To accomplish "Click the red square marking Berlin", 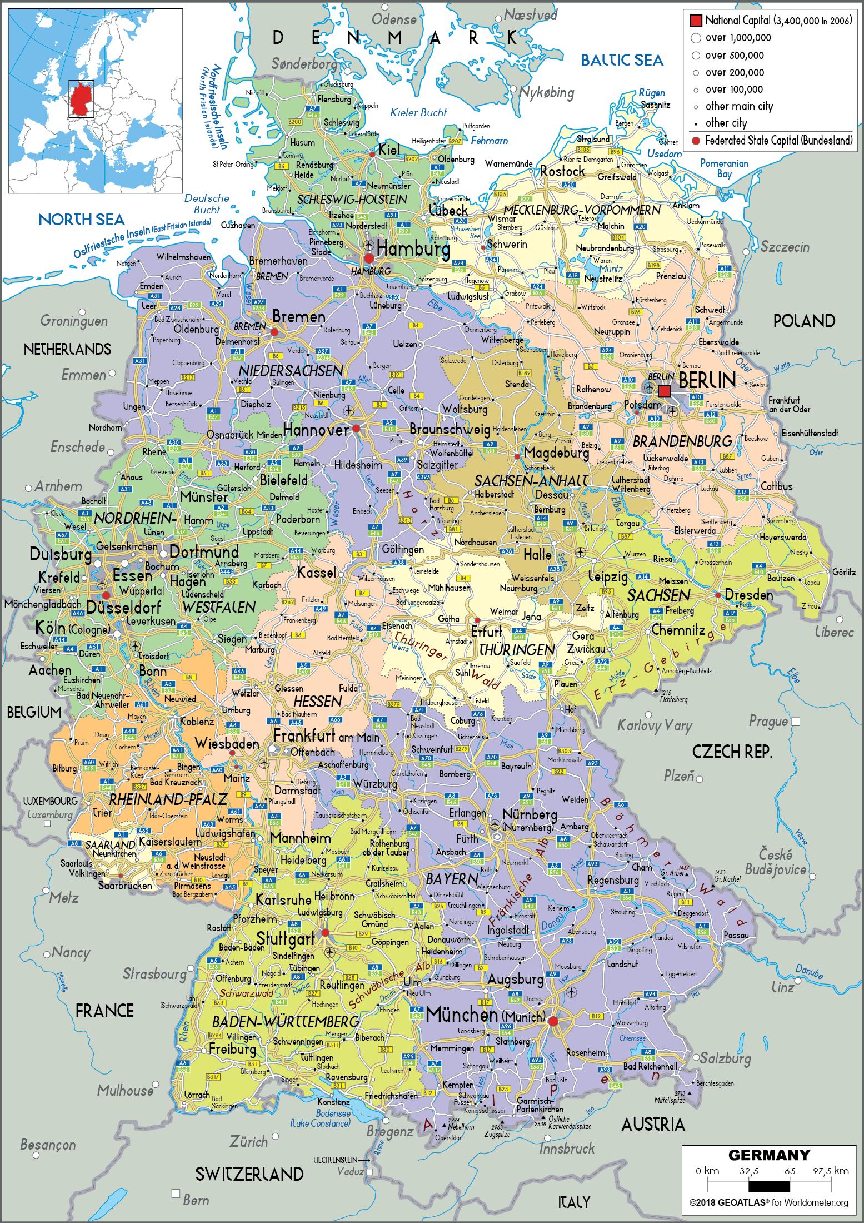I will click(x=664, y=391).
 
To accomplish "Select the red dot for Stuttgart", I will click(x=326, y=932).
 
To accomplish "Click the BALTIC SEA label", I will click(x=622, y=60).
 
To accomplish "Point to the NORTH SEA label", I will click(x=82, y=220).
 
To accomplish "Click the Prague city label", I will click(x=768, y=722).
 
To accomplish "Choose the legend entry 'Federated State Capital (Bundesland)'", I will click(x=778, y=141).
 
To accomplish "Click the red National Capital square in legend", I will click(x=696, y=21).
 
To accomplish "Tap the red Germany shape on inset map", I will click(x=80, y=100).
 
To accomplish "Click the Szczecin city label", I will click(x=785, y=247).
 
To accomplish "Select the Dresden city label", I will click(x=748, y=595).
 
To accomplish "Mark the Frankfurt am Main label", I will click(x=326, y=737).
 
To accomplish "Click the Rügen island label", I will click(x=652, y=93).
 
